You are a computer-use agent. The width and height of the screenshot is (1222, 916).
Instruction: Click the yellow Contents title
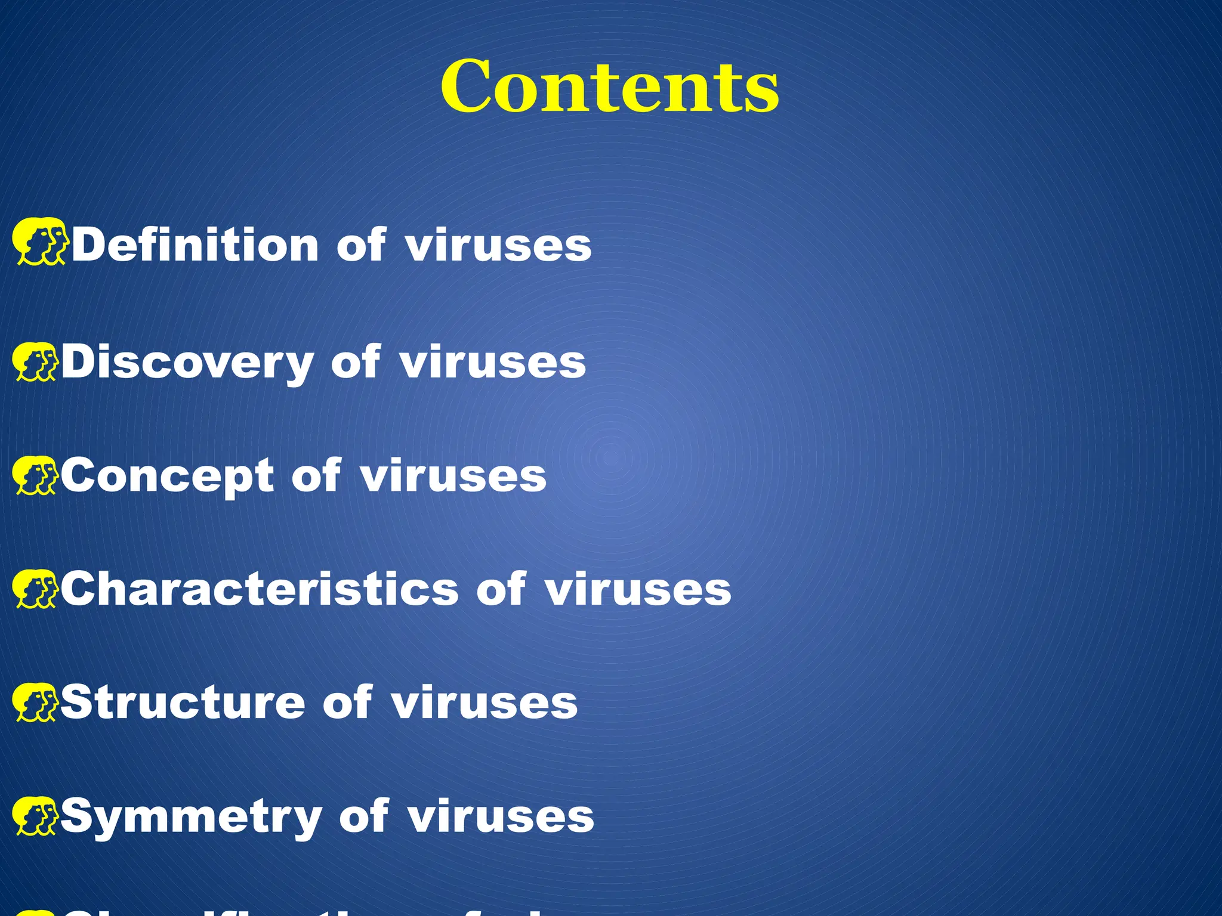610,87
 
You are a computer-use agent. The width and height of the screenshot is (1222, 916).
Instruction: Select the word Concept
168,476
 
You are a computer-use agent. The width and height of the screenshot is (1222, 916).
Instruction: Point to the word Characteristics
260,589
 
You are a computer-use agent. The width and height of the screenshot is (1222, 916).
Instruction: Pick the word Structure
183,703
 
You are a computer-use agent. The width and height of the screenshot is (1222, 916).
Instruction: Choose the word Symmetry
191,817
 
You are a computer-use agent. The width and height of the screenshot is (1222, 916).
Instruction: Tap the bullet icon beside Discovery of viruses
36,361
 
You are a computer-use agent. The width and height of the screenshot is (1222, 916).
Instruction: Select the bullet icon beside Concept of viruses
36,475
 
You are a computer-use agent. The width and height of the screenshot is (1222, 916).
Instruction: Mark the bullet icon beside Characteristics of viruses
36,589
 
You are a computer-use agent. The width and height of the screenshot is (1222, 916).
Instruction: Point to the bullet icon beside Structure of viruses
36,702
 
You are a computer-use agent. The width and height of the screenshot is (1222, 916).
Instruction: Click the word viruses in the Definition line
499,245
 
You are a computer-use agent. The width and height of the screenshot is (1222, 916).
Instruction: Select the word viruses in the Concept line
453,476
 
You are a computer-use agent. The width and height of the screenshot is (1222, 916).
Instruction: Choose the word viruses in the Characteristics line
638,589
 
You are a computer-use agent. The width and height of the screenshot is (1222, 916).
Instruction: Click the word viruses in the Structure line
485,703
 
